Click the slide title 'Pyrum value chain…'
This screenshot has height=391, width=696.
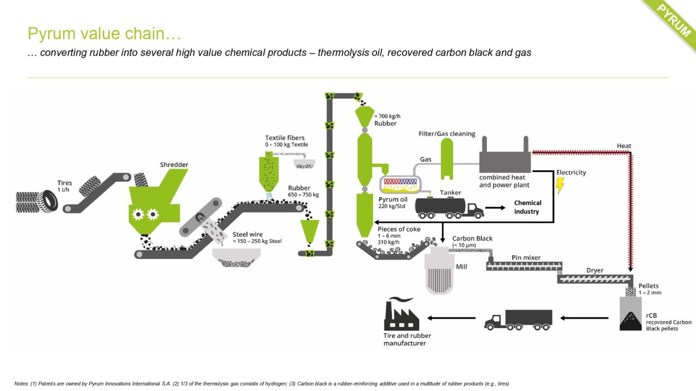tap(104, 34)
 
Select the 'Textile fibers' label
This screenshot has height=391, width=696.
tap(284, 138)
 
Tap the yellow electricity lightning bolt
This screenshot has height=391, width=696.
tap(560, 186)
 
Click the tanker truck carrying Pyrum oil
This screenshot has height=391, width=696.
tap(448, 207)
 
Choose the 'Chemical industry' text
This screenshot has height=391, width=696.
tap(527, 207)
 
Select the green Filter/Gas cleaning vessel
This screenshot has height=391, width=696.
tap(447, 158)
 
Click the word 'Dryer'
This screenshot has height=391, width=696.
tap(595, 270)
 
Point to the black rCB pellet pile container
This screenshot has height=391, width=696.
tap(630, 316)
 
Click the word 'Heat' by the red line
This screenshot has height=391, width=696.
tap(624, 146)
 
